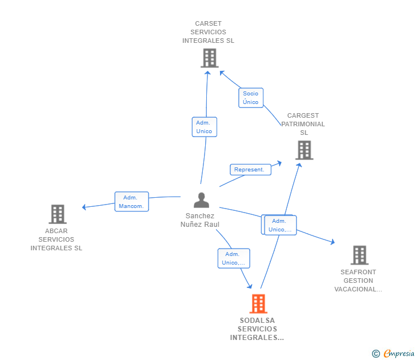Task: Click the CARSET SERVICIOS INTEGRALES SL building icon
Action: click(210, 58)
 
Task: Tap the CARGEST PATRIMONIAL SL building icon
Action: click(304, 150)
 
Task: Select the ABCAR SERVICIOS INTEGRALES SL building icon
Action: click(57, 214)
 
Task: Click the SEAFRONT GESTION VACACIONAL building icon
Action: click(359, 255)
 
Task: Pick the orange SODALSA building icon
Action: click(258, 304)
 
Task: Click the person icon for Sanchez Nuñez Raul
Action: click(201, 200)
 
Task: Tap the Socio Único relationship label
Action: click(251, 98)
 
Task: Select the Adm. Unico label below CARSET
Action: click(204, 127)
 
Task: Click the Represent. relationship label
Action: click(250, 170)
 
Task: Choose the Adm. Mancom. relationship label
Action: click(131, 202)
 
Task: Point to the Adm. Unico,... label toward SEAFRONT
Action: click(281, 225)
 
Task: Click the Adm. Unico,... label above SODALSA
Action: click(233, 258)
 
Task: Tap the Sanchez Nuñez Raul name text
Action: click(200, 220)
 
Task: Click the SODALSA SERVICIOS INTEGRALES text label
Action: click(258, 329)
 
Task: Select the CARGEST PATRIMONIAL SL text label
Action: click(303, 124)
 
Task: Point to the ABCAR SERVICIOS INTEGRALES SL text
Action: click(57, 240)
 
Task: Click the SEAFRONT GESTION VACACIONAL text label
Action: click(358, 281)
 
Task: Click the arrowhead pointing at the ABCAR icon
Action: click(85, 207)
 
